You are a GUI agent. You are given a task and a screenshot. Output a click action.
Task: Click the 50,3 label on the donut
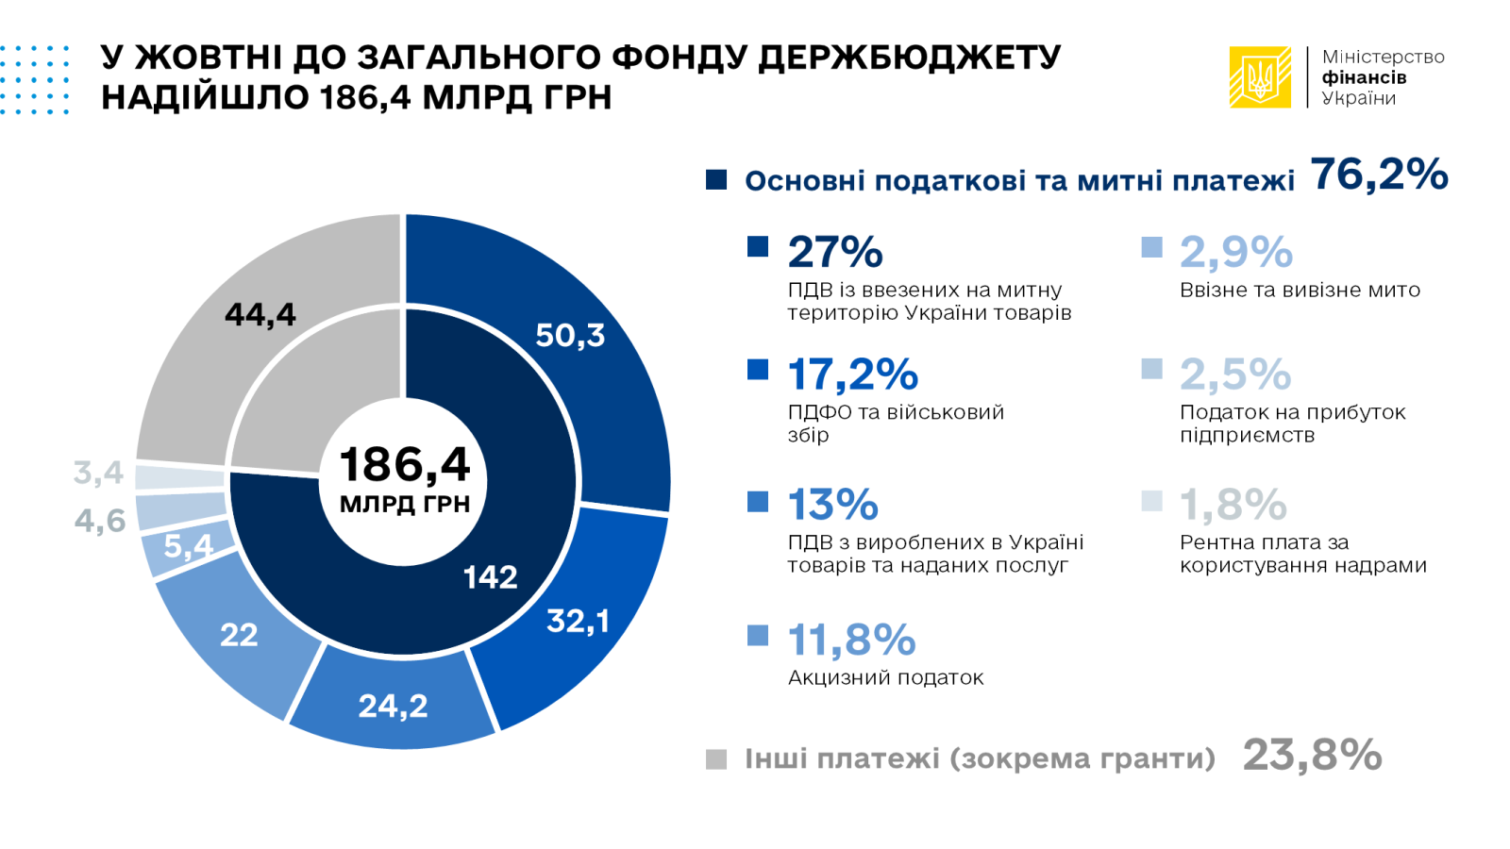point(570,335)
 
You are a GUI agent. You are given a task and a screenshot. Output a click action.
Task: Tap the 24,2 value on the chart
point(393,706)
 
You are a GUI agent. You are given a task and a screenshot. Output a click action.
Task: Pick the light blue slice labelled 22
point(238,635)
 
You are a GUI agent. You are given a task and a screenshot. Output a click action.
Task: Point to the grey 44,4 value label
point(260,314)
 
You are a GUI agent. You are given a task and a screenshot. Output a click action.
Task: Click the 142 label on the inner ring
point(490,576)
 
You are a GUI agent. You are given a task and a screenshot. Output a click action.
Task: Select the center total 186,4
point(404,465)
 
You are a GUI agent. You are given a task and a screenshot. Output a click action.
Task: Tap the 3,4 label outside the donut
point(99,472)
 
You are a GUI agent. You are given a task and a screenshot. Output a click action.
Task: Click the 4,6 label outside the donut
point(100,520)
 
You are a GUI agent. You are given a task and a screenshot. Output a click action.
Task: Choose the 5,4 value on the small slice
point(188,545)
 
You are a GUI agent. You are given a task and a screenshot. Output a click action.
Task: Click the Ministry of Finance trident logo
point(1259,77)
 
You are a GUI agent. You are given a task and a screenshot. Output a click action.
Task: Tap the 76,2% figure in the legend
point(1379,175)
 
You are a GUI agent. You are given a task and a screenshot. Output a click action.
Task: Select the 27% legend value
point(835,252)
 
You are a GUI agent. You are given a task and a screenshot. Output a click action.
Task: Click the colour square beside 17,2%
point(758,369)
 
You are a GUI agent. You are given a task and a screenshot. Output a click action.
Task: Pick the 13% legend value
point(832,505)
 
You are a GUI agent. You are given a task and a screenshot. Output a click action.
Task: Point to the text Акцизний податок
point(885,677)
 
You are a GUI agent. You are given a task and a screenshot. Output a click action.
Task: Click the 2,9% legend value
point(1236,252)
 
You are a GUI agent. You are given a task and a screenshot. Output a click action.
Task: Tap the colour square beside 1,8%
point(1151,501)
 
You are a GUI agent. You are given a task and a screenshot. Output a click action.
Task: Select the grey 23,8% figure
point(1312,755)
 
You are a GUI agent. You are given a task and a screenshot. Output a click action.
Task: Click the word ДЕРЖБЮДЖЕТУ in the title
point(910,58)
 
